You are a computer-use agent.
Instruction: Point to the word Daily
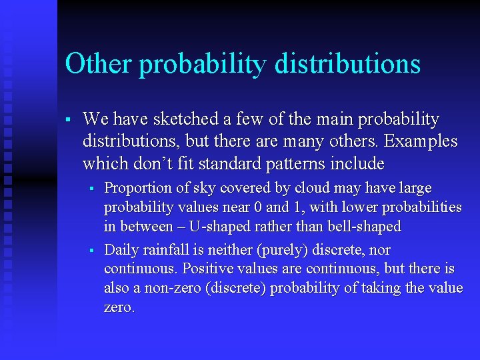coord(122,250)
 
